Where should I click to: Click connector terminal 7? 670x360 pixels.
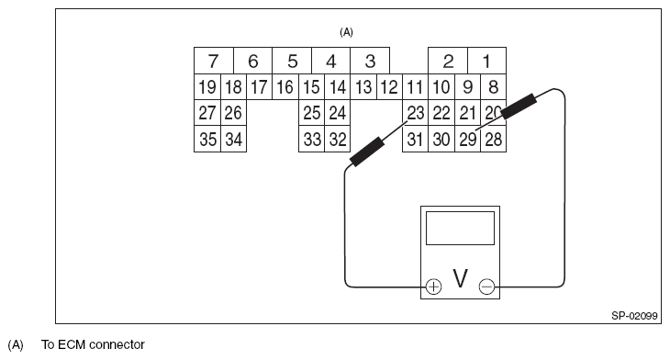tap(213, 62)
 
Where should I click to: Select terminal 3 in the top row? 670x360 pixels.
tap(370, 62)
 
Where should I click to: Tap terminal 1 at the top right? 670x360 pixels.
tap(486, 62)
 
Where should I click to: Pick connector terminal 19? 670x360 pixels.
tap(207, 88)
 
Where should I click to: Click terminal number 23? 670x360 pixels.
tap(416, 113)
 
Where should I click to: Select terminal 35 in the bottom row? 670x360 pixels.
tap(207, 140)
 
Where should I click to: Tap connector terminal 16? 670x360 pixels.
tap(285, 88)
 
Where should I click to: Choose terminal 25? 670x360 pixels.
tap(311, 114)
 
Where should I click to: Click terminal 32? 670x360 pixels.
tap(338, 140)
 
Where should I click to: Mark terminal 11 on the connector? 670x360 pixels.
tap(415, 88)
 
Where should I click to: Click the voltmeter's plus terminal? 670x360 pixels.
tap(434, 287)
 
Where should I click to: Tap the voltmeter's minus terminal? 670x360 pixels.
tap(486, 287)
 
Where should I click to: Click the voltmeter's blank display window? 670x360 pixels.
tap(461, 228)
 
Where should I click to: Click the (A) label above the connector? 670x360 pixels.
tap(346, 31)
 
